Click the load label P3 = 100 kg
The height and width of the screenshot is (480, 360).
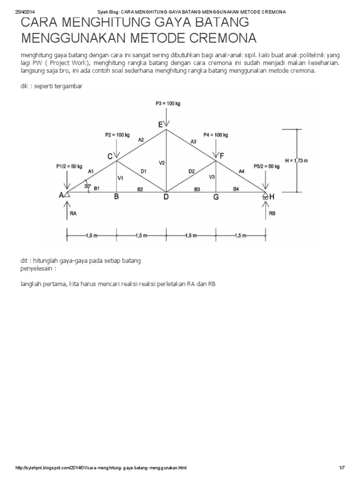(x=165, y=103)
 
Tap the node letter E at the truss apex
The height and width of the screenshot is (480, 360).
(x=161, y=124)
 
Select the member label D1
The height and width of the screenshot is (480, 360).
(x=143, y=172)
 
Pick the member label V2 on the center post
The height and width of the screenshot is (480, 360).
(x=161, y=163)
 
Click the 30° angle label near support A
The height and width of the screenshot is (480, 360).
(x=87, y=186)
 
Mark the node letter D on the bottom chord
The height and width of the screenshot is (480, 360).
(x=166, y=197)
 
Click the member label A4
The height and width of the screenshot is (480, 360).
(x=242, y=172)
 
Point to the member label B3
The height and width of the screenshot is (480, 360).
(x=197, y=189)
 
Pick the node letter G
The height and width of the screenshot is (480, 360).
(x=216, y=197)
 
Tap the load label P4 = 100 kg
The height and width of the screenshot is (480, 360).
(x=216, y=135)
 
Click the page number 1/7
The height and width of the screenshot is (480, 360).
(x=342, y=469)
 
